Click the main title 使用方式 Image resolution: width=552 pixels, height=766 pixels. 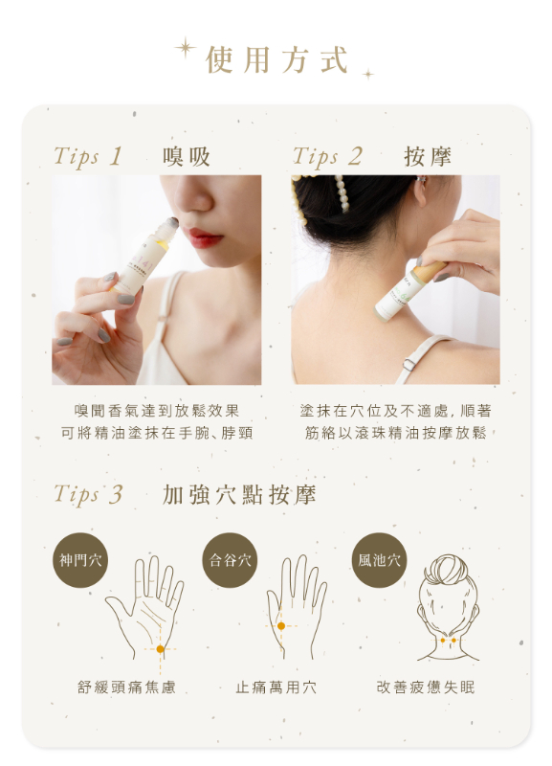pyautogui.click(x=276, y=60)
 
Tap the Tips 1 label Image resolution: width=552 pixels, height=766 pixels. pyautogui.click(x=87, y=156)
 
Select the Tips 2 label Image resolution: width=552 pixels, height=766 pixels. pyautogui.click(x=327, y=156)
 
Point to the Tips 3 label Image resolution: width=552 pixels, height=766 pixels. pyautogui.click(x=88, y=494)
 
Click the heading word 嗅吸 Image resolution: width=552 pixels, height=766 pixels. pyautogui.click(x=186, y=156)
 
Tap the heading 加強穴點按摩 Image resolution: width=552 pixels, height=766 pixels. pyautogui.click(x=239, y=494)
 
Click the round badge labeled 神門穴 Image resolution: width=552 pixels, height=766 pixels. pyautogui.click(x=80, y=560)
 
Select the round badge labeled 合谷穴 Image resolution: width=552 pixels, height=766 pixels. pyautogui.click(x=230, y=560)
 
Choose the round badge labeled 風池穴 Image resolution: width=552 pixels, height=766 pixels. pyautogui.click(x=379, y=560)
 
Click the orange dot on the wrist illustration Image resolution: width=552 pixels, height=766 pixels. pyautogui.click(x=160, y=649)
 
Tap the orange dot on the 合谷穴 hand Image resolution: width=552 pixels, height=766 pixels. pyautogui.click(x=281, y=626)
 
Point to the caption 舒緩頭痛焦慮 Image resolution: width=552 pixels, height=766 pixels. pyautogui.click(x=126, y=687)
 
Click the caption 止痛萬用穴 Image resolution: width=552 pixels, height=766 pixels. pyautogui.click(x=276, y=687)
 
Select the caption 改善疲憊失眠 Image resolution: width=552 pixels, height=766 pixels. pyautogui.click(x=426, y=687)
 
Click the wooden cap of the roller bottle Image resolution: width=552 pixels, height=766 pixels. pyautogui.click(x=430, y=272)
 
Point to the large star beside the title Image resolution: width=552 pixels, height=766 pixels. pyautogui.click(x=186, y=49)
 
